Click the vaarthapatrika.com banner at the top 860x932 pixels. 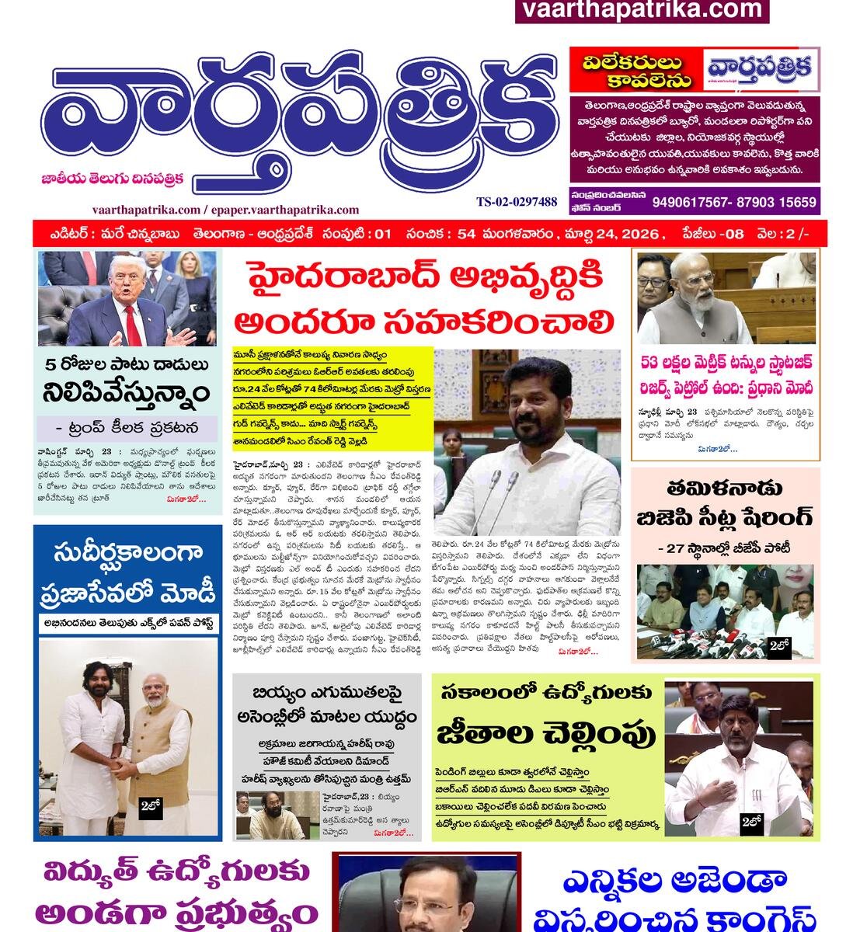click(642, 10)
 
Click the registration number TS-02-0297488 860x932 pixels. click(517, 202)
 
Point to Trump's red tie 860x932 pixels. click(133, 322)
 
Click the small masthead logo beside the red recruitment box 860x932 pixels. click(761, 70)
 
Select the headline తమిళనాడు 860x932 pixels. click(724, 489)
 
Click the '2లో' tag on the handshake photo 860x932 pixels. click(151, 807)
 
